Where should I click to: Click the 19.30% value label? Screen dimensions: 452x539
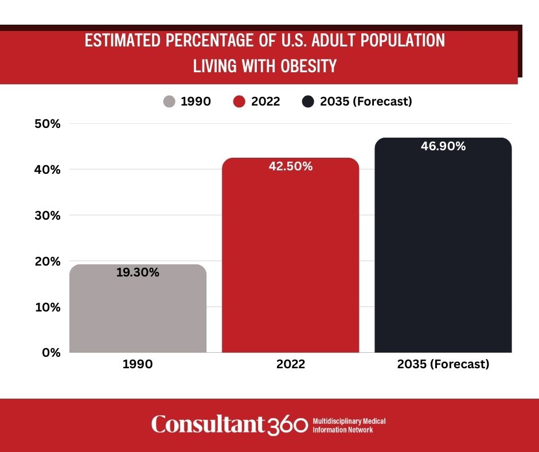(x=138, y=273)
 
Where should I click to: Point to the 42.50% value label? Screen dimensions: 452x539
(x=290, y=167)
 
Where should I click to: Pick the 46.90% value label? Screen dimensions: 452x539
(x=443, y=146)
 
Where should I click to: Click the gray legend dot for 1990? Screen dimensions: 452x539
(x=169, y=102)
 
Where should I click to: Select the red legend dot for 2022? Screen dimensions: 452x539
(x=240, y=102)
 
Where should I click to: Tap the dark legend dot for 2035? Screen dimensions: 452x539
(x=308, y=102)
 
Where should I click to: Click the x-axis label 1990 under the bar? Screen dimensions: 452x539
(x=138, y=364)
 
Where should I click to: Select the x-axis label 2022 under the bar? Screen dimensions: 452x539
(x=290, y=364)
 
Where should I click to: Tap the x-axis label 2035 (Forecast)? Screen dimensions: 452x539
(x=443, y=364)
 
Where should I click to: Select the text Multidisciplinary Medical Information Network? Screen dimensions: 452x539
(x=349, y=425)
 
